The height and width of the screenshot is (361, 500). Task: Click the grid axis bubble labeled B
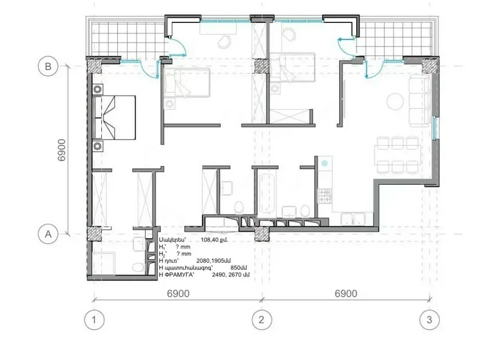[x=48, y=67]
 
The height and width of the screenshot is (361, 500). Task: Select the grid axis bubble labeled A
[x=48, y=234]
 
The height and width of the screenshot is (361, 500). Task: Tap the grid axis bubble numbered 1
[x=94, y=319]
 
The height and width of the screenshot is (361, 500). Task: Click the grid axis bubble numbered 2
[x=262, y=319]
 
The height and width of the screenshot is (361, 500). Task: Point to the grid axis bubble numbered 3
[x=430, y=319]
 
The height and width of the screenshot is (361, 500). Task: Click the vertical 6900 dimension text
[x=62, y=150]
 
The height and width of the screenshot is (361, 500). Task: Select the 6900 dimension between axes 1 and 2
[x=178, y=293]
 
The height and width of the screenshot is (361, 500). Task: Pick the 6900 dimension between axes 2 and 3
[x=345, y=293]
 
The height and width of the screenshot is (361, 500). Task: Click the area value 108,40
[x=210, y=240]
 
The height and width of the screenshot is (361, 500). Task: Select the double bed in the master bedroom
[x=114, y=117]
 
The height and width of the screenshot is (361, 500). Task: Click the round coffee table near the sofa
[x=395, y=101]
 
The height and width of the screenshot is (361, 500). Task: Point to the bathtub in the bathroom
[x=267, y=194]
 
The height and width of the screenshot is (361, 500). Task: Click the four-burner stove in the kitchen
[x=325, y=196]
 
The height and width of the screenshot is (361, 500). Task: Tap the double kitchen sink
[x=353, y=219]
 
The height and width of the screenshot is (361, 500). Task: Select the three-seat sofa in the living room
[x=420, y=101]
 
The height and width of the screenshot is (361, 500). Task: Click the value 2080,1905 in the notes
[x=213, y=261]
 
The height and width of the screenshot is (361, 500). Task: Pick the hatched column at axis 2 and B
[x=262, y=67]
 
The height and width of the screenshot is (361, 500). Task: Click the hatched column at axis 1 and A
[x=94, y=234]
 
